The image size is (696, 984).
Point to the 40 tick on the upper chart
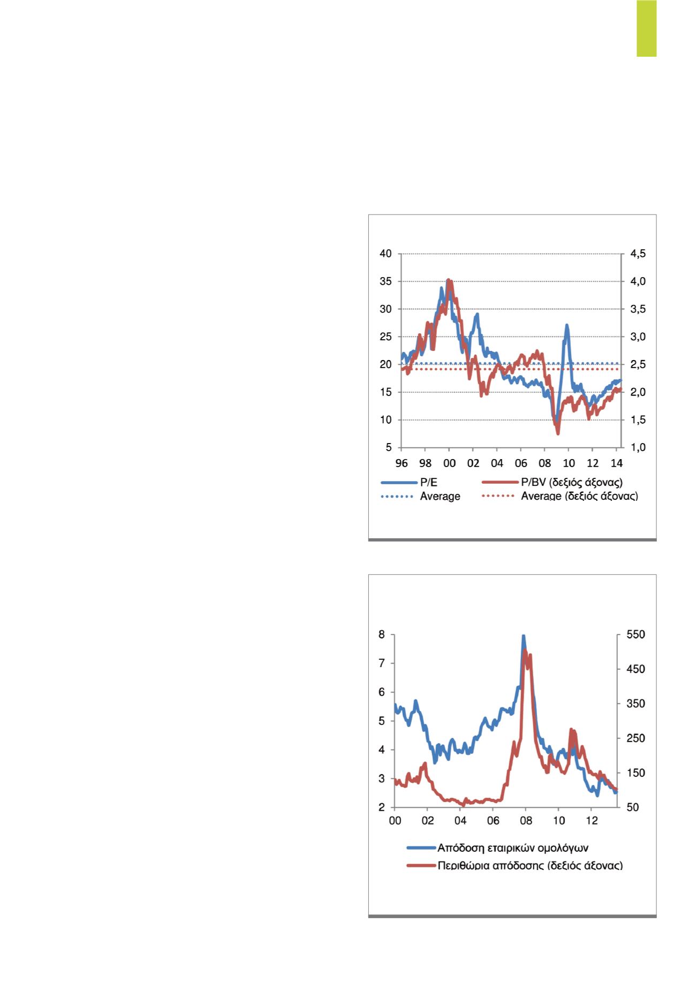[385, 254]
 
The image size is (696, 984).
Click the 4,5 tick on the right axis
[638, 254]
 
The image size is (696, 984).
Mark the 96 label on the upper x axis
[401, 463]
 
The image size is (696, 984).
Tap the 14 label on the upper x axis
[616, 463]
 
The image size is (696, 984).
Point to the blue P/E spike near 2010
[566, 326]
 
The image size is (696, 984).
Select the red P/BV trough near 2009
[558, 432]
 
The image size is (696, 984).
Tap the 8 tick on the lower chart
[381, 635]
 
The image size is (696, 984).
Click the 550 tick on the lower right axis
[637, 635]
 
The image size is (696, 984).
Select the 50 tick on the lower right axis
[633, 807]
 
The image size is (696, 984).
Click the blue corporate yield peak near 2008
[523, 637]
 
